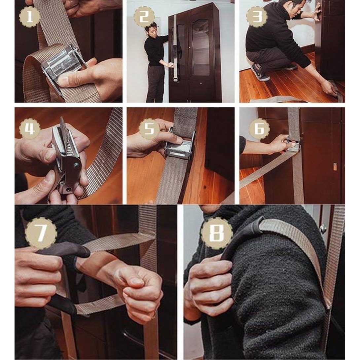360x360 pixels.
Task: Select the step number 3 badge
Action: pos(256,16)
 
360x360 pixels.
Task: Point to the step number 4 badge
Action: pos(29,128)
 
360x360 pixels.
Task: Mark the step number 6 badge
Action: pos(259,128)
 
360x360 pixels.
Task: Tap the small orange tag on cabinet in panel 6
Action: pos(335,167)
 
